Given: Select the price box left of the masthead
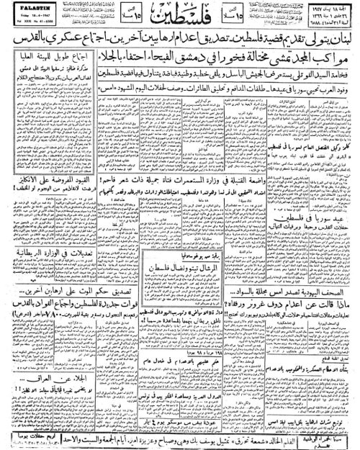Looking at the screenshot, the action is point(120,17).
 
